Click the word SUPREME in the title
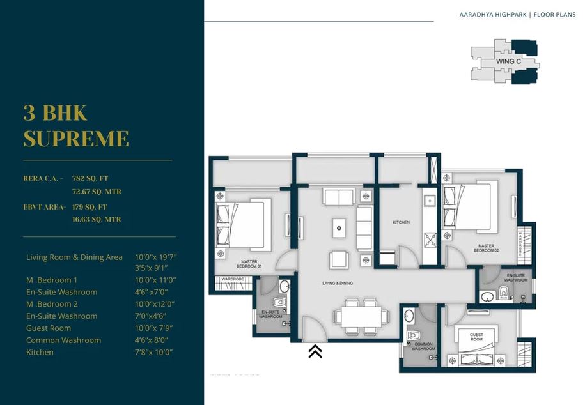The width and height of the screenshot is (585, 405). (76, 138)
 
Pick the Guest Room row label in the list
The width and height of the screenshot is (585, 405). (49, 328)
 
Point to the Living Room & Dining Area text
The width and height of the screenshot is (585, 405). (74, 257)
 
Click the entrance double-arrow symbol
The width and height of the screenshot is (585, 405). (315, 351)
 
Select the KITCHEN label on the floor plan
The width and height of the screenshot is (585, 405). (401, 222)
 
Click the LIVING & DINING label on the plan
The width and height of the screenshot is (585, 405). (338, 283)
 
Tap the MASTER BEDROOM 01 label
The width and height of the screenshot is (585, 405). (249, 264)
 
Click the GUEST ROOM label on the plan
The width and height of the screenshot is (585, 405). (476, 337)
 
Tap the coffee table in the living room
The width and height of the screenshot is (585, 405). (339, 225)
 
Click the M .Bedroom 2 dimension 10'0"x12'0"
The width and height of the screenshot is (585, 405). (155, 303)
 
